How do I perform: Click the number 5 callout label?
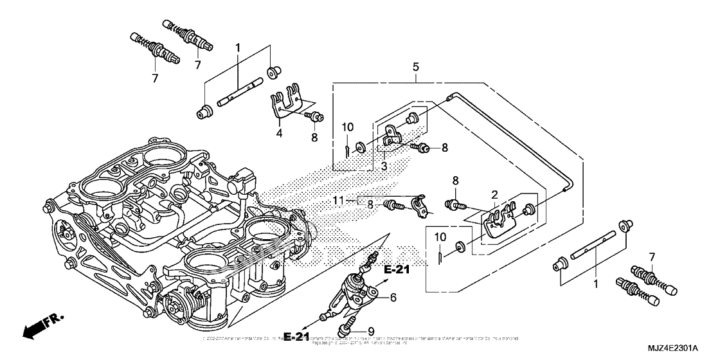(x=416, y=67)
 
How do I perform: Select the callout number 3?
(x=384, y=166)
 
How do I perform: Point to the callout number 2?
(x=494, y=195)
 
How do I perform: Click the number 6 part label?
(x=393, y=296)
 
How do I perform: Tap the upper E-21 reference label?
(x=397, y=270)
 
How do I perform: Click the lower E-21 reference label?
(x=297, y=337)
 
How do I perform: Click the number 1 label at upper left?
(x=237, y=48)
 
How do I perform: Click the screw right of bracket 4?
(x=315, y=117)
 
